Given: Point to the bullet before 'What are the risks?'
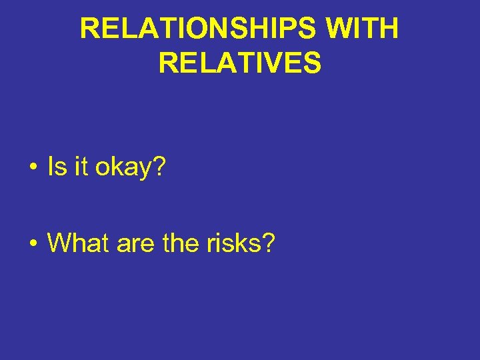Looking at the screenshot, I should [33, 245].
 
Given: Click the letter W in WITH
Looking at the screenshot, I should [345, 29].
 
